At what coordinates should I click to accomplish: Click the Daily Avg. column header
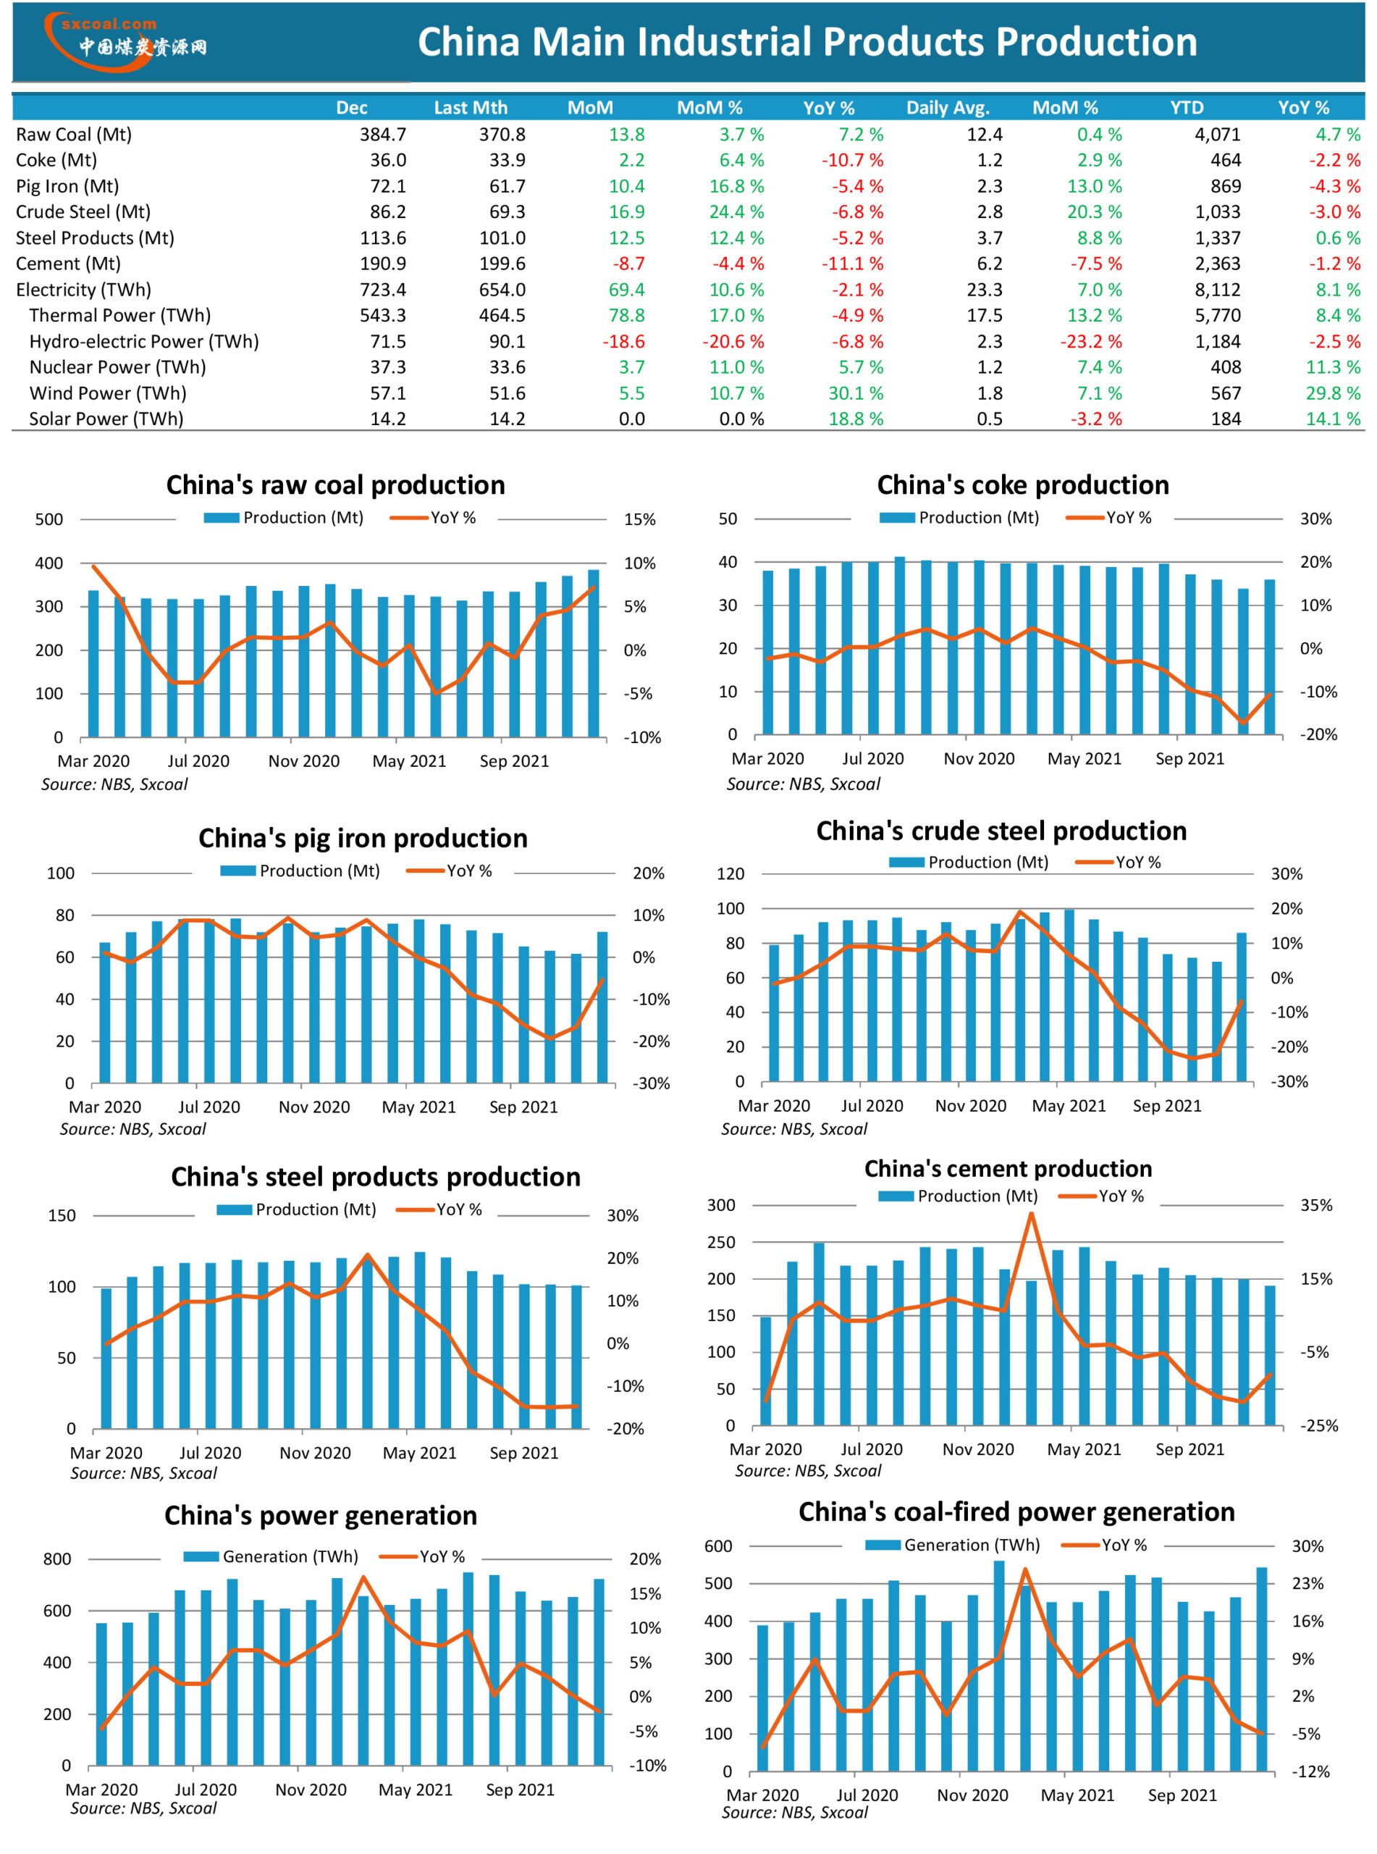[948, 107]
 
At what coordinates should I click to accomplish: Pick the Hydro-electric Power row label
[143, 341]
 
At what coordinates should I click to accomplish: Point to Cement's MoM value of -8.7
[628, 264]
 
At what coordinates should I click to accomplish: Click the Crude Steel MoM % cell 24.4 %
[736, 211]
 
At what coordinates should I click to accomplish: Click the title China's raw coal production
[335, 485]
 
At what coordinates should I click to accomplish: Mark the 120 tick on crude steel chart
[730, 873]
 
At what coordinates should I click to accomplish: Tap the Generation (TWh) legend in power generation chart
[271, 1556]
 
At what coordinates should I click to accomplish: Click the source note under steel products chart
[143, 1473]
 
